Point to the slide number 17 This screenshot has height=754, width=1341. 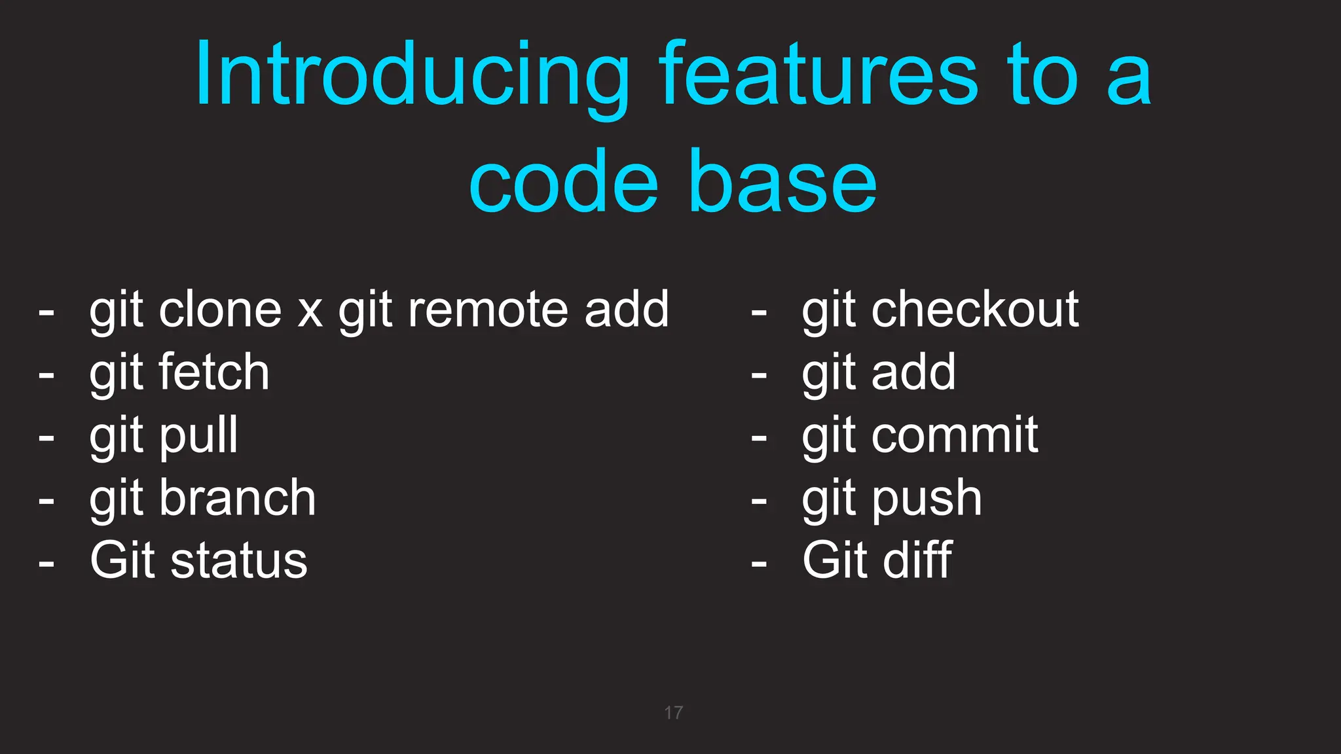[x=673, y=713]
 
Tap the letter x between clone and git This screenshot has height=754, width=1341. [x=310, y=313]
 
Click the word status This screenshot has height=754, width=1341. [x=239, y=561]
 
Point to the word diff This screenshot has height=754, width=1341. [x=917, y=560]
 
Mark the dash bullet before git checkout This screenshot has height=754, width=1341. [x=759, y=313]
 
